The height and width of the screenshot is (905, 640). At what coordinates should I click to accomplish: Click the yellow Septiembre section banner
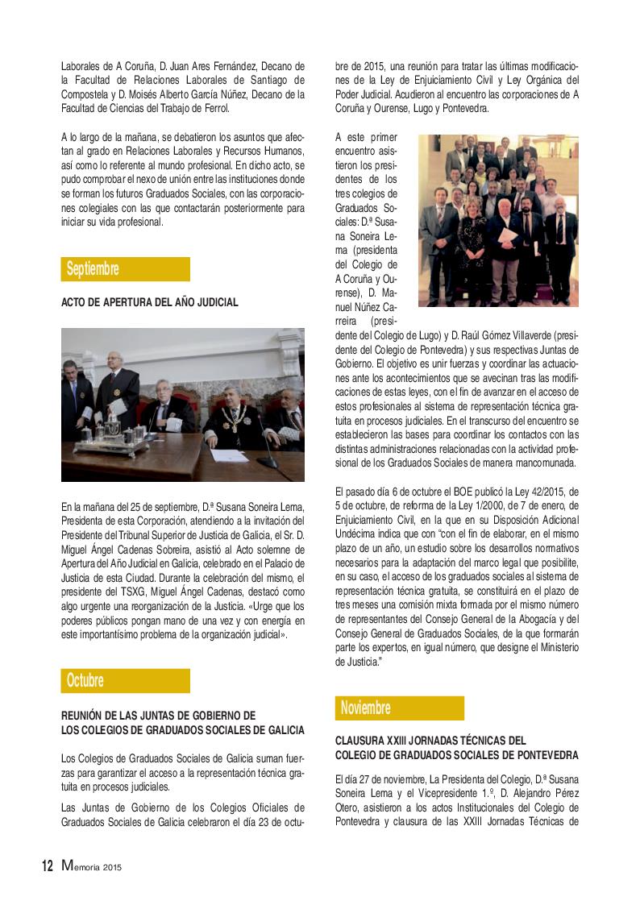click(125, 269)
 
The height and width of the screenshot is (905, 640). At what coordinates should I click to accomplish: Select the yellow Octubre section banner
click(125, 681)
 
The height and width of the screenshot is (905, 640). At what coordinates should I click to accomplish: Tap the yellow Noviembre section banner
click(400, 708)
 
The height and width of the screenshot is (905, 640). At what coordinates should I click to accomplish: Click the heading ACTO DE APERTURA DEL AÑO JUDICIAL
click(150, 303)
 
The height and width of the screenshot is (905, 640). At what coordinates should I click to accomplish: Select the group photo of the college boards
click(498, 220)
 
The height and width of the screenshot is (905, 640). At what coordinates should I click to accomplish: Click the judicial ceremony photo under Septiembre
click(183, 405)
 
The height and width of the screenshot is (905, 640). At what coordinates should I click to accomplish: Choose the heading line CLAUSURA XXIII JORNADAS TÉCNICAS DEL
click(430, 739)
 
